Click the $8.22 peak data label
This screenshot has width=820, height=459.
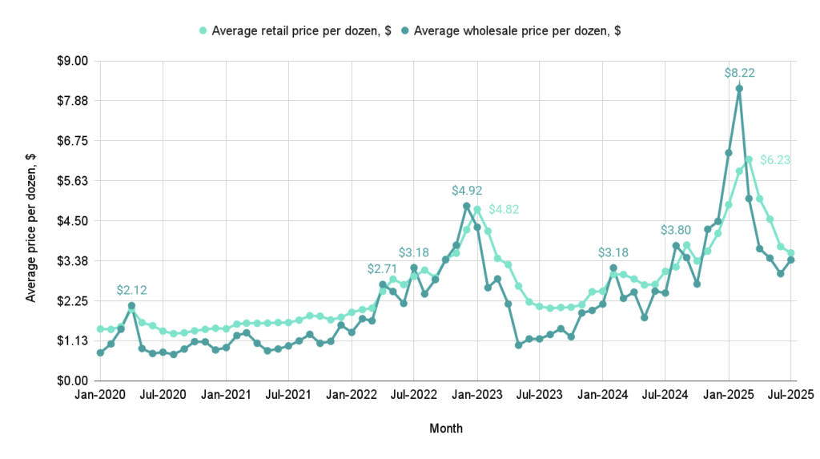pyautogui.click(x=739, y=73)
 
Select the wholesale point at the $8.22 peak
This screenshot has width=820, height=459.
pyautogui.click(x=739, y=89)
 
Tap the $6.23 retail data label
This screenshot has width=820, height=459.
pyautogui.click(x=775, y=159)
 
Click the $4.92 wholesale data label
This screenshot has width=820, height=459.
pyautogui.click(x=467, y=191)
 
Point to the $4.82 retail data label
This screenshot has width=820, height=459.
pyautogui.click(x=505, y=209)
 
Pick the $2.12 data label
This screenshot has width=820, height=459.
pyautogui.click(x=131, y=290)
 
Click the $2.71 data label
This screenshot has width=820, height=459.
pyautogui.click(x=383, y=268)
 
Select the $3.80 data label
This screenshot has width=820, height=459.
pyautogui.click(x=676, y=230)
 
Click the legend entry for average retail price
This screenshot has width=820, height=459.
pyautogui.click(x=295, y=30)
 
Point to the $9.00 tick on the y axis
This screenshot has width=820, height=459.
pyautogui.click(x=72, y=61)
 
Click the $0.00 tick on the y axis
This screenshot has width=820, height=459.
pyautogui.click(x=72, y=380)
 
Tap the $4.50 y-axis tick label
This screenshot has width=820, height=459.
pyautogui.click(x=72, y=220)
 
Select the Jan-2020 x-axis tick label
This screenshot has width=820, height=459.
pyautogui.click(x=100, y=395)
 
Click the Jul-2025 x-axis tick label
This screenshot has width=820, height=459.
pyautogui.click(x=791, y=395)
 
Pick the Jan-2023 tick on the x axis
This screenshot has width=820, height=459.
pyautogui.click(x=477, y=395)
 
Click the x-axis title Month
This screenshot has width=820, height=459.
pyautogui.click(x=445, y=429)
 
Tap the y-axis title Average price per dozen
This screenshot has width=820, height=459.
pyautogui.click(x=31, y=220)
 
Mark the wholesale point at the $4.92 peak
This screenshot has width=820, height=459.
pyautogui.click(x=467, y=206)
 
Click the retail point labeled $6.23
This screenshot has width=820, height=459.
pyautogui.click(x=749, y=159)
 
